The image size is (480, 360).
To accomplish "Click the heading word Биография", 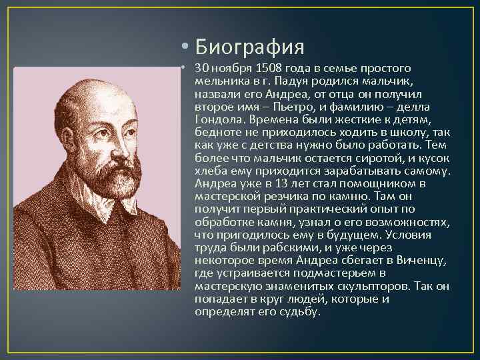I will point(251,47).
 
